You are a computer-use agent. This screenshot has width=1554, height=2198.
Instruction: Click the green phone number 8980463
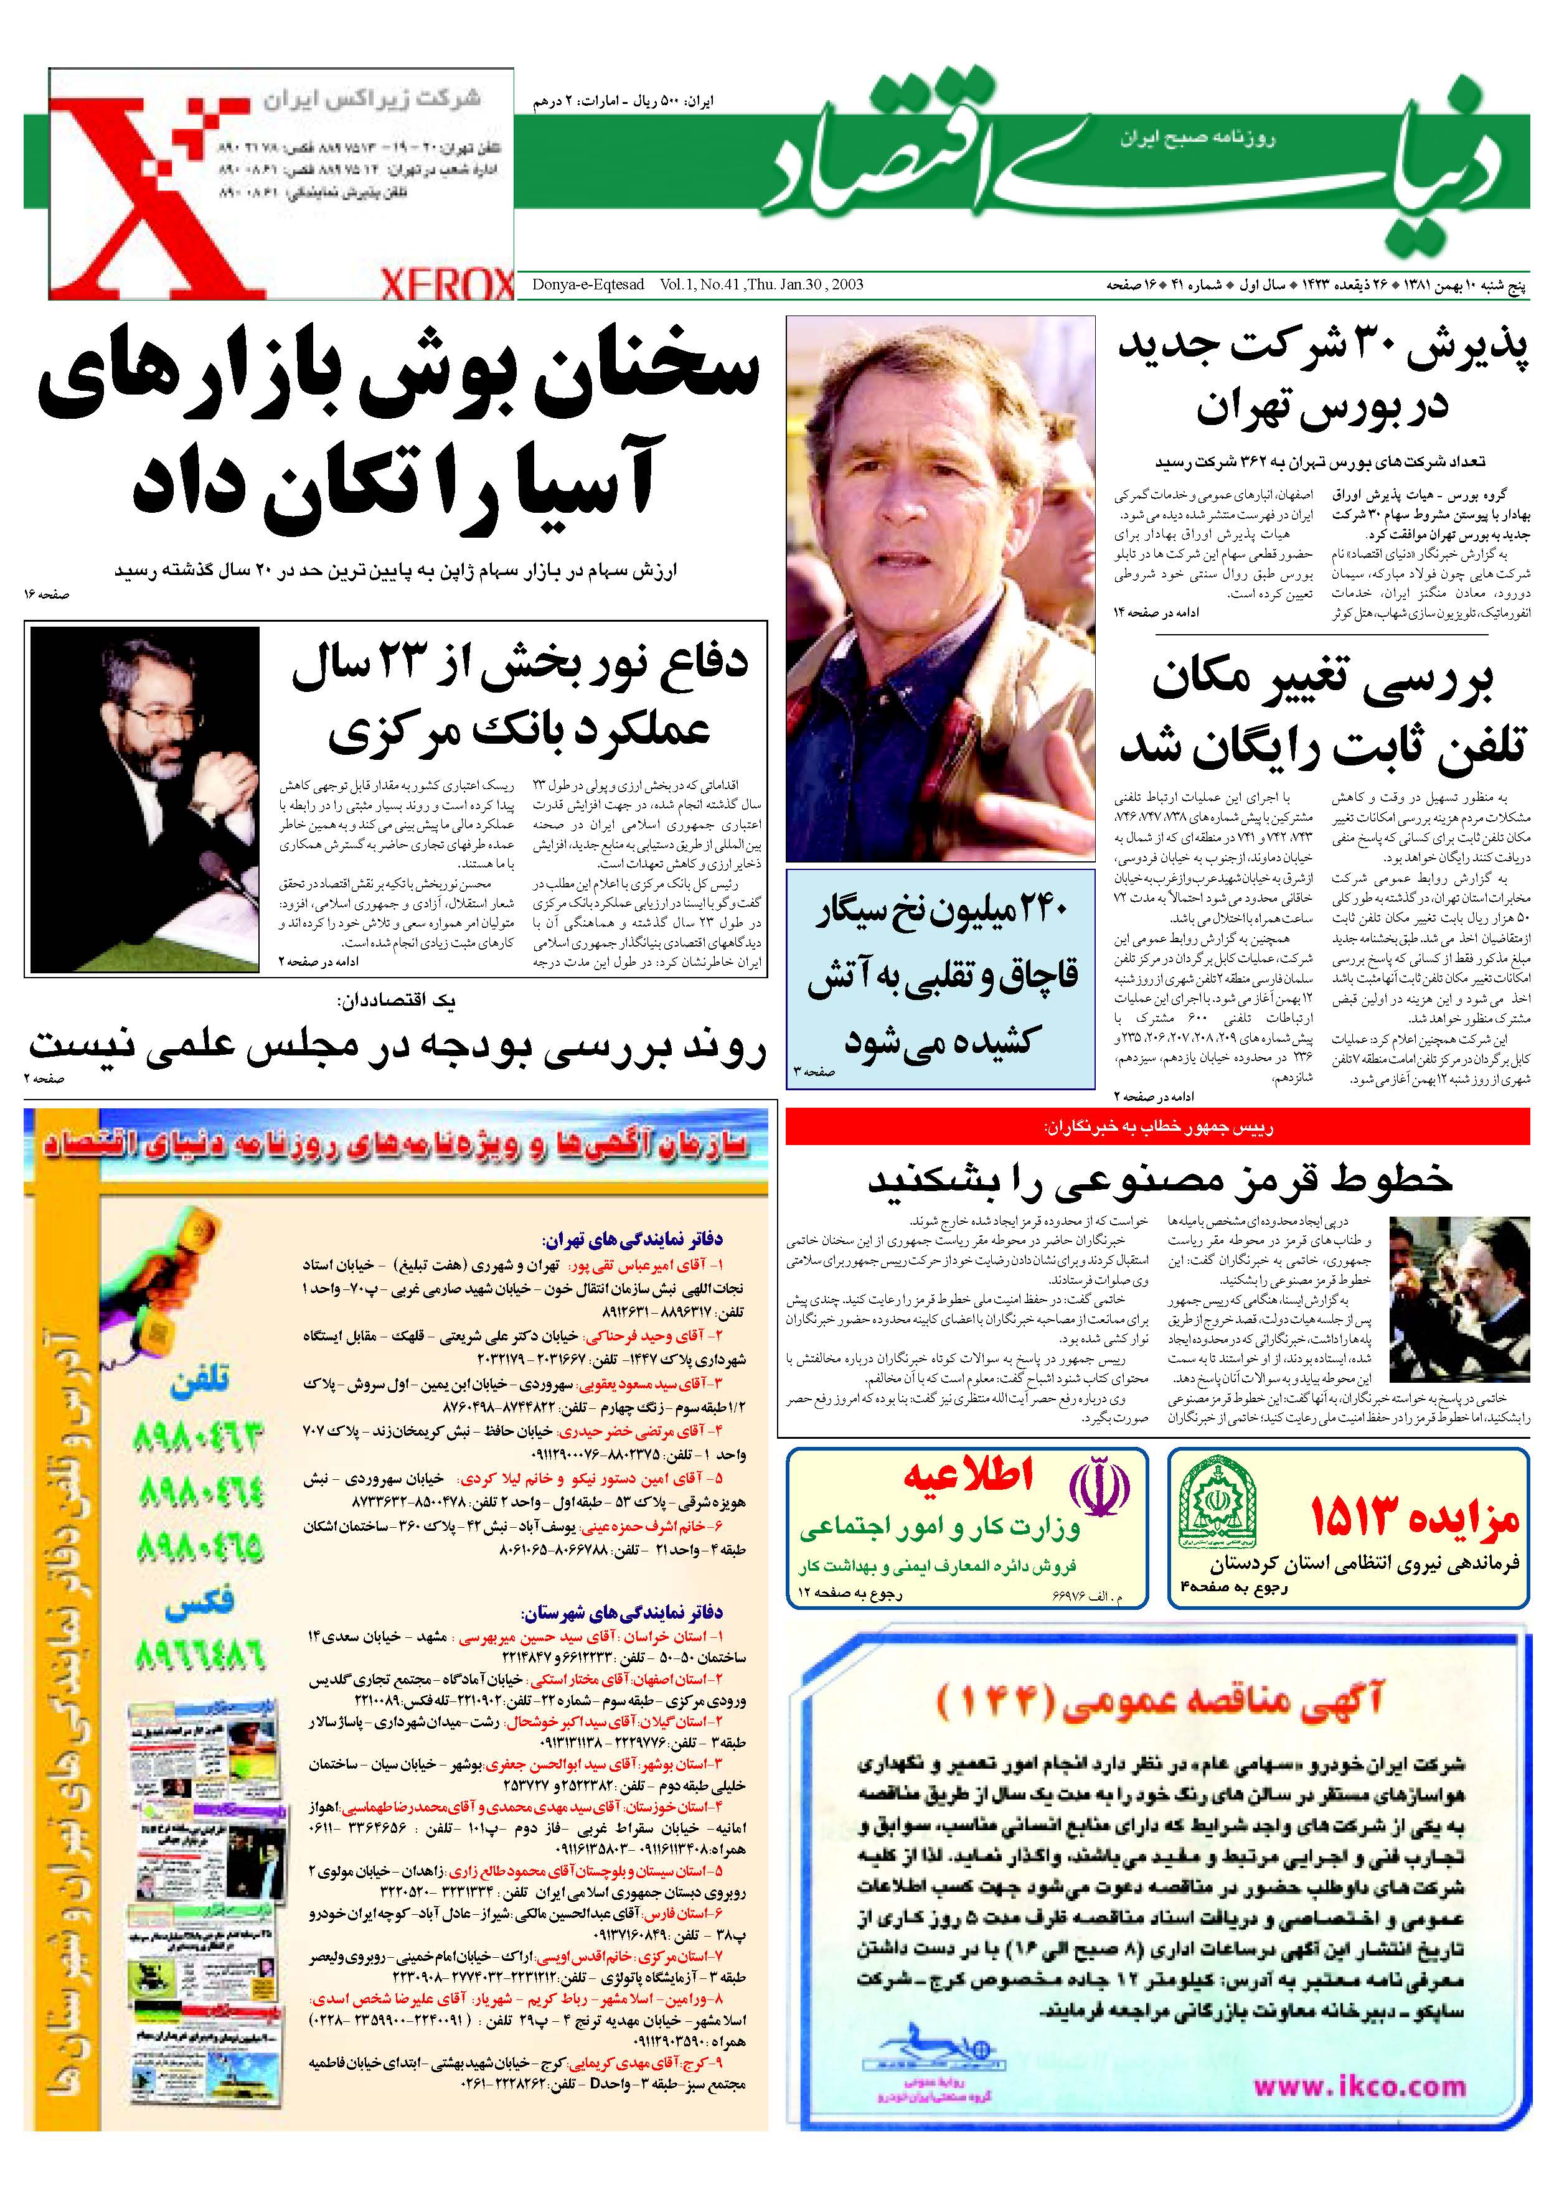pos(199,1438)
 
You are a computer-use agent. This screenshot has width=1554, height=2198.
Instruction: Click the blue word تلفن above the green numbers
pos(200,1382)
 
